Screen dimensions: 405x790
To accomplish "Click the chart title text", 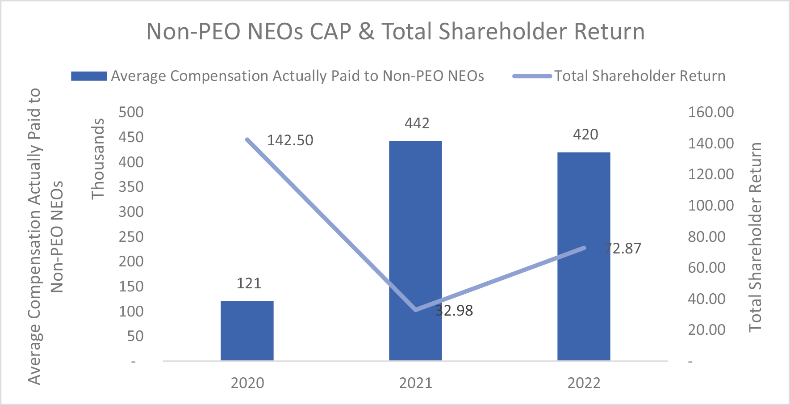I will (395, 32).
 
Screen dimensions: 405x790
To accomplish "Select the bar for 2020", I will (247, 331).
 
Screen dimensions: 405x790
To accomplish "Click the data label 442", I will (417, 123).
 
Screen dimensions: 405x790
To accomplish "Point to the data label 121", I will (249, 283).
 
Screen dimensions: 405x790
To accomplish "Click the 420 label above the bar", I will (585, 135).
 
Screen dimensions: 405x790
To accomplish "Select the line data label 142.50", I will (290, 140).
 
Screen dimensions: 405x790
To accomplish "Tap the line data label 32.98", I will (454, 310).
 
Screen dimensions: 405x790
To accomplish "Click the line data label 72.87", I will (623, 249).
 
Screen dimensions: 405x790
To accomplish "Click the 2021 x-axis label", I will (416, 383).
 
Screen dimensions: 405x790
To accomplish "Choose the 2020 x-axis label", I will (247, 383).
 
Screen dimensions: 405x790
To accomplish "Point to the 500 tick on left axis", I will (131, 112).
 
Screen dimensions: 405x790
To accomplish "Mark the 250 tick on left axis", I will (131, 236).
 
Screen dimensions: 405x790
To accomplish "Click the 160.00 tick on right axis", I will (711, 112).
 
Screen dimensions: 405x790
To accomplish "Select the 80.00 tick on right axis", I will (706, 236).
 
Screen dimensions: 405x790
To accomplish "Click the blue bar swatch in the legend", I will (89, 76).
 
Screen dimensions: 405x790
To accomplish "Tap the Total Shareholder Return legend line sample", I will (532, 76).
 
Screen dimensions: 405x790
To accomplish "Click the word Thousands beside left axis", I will (98, 159).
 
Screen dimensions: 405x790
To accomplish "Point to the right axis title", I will (755, 237).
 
